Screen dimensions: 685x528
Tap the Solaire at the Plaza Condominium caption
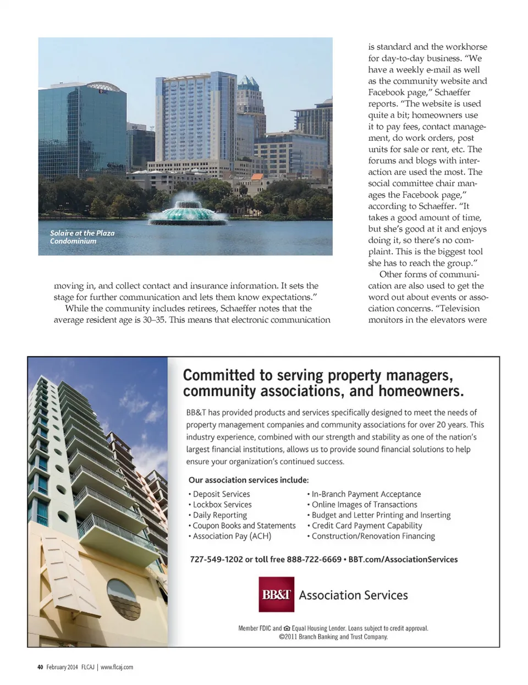82,237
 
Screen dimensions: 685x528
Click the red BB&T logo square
276,594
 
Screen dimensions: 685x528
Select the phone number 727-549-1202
216,559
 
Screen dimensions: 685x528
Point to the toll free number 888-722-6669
314,559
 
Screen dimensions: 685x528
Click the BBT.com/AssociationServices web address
403,559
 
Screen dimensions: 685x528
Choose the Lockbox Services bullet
222,505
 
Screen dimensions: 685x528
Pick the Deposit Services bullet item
221,494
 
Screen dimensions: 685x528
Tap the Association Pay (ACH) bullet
232,536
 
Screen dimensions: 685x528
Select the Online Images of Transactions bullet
364,505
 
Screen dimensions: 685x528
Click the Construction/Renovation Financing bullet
373,536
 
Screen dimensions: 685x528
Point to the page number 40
40,667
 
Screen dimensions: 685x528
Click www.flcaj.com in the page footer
117,667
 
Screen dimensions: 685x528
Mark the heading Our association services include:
249,480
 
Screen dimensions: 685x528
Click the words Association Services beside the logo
353,595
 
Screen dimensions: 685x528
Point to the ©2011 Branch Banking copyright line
333,637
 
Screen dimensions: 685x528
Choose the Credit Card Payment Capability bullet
367,525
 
